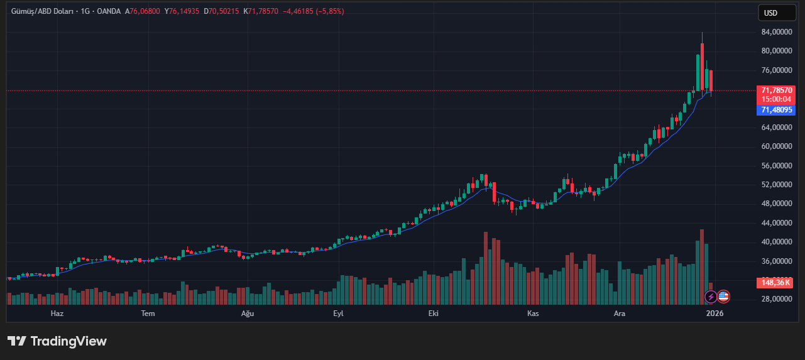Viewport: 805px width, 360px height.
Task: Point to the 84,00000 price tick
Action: click(776, 32)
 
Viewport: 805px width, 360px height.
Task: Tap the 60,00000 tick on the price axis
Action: click(776, 146)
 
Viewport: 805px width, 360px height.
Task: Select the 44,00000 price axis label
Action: click(776, 223)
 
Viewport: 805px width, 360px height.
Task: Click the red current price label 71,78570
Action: click(777, 90)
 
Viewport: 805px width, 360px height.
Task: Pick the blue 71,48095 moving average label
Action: click(777, 110)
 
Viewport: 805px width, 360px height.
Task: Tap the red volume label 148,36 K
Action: click(777, 283)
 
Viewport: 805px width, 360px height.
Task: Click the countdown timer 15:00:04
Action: click(777, 99)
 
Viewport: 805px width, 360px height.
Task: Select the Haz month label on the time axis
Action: click(57, 314)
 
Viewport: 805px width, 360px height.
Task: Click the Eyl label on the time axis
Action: click(338, 314)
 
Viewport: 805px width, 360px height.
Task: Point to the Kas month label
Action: click(533, 314)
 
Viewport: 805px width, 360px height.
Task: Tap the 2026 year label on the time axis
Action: click(715, 314)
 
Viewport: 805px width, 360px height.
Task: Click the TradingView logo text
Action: click(57, 341)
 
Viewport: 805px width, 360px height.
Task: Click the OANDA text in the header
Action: click(109, 11)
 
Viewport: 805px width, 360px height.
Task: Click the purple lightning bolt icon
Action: click(710, 297)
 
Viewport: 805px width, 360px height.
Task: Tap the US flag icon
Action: click(723, 297)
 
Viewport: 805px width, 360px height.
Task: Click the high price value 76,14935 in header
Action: click(185, 11)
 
